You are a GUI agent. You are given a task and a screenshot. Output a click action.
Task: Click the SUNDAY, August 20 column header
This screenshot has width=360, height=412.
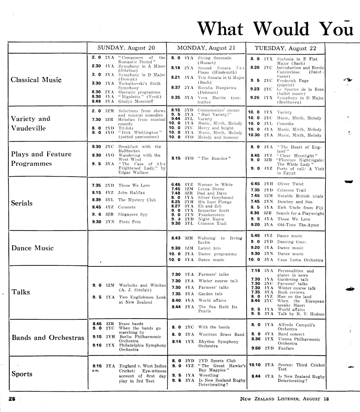point(126,48)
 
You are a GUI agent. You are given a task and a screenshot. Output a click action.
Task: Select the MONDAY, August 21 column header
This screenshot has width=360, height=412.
point(206,48)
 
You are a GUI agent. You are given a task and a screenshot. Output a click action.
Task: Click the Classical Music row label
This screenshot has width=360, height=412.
point(36,80)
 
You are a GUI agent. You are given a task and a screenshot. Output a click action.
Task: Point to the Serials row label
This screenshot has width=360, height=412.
point(22,203)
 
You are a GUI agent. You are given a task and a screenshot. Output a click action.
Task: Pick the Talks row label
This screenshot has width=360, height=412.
point(21,292)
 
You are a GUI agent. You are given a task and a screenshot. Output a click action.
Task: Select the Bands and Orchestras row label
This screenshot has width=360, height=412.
point(48,338)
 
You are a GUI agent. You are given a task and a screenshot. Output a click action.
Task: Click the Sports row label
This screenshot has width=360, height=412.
point(22,374)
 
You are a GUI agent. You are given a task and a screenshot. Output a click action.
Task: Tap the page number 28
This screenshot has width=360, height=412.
point(12,399)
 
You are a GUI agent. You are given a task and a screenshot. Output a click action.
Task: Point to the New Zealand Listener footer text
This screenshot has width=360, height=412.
point(284,399)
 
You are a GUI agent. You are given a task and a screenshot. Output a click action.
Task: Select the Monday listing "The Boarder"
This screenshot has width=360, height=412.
point(214,158)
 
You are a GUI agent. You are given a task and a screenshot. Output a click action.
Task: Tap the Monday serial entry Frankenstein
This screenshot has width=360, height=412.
point(211,214)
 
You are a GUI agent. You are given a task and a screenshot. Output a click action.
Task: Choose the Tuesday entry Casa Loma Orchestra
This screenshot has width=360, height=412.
point(300,260)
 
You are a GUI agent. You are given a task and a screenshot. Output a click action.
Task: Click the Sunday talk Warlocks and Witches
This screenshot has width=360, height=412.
point(142,285)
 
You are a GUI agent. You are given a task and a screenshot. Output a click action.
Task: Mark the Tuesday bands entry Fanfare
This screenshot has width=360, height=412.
point(286,348)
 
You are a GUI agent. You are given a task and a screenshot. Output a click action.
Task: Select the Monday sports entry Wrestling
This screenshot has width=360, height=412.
point(208,375)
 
